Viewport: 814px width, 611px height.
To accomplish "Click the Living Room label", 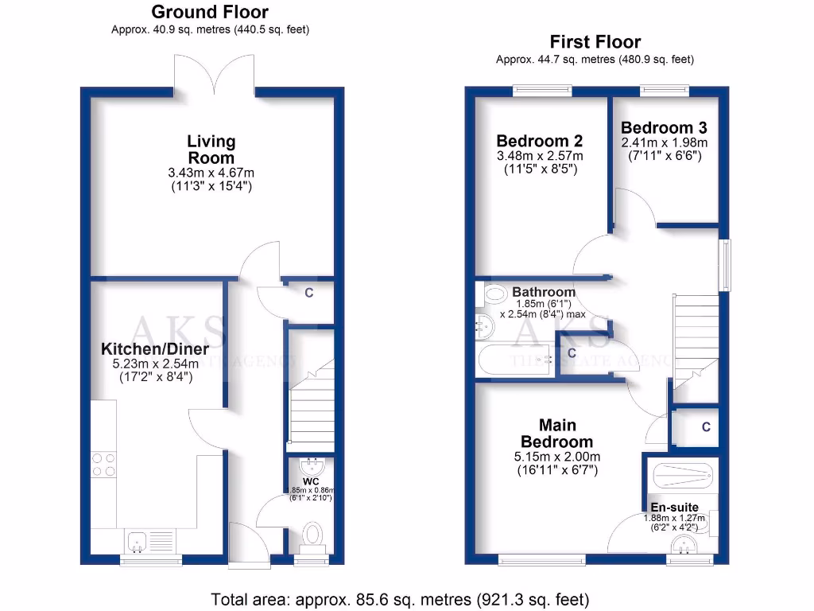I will tap(211, 149).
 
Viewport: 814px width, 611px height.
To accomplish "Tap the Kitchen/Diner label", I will tap(155, 349).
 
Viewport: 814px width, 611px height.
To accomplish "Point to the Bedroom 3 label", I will tap(664, 127).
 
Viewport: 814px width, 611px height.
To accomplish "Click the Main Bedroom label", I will tap(556, 434).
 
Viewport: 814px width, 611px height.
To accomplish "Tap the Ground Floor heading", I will tap(210, 12).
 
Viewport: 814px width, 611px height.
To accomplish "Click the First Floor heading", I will tap(595, 42).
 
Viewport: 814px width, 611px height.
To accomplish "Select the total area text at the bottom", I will tap(400, 598).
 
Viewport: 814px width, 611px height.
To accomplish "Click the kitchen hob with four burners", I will tap(103, 464).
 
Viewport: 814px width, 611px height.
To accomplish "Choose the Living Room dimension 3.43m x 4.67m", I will tap(211, 173).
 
